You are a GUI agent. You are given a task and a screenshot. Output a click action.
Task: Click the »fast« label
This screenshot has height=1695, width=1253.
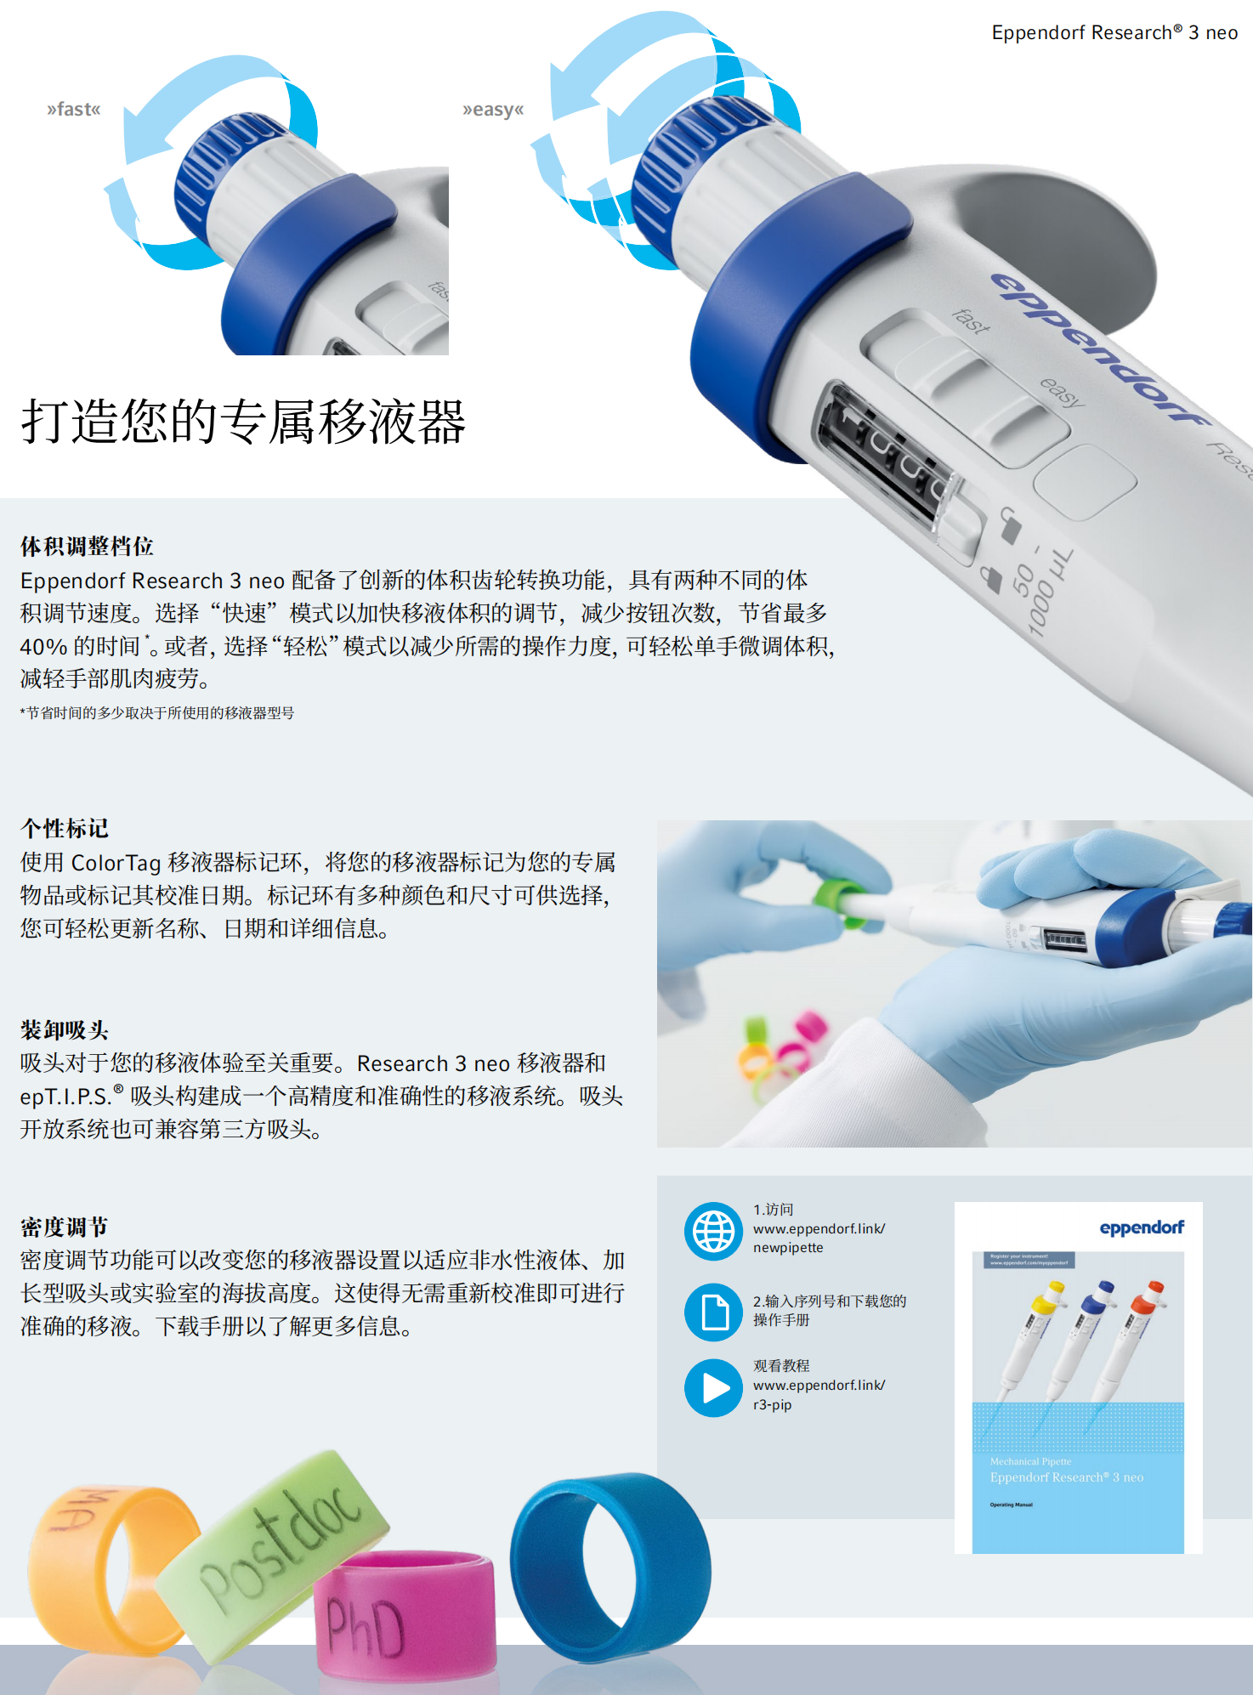tap(74, 110)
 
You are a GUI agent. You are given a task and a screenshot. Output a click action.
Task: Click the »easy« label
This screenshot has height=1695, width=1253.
tap(493, 110)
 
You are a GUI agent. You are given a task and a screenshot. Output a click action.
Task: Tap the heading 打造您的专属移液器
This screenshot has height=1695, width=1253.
tap(243, 422)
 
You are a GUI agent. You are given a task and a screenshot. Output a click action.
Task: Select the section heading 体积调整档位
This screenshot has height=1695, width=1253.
tap(87, 546)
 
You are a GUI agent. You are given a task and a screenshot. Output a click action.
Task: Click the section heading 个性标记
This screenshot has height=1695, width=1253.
tap(65, 828)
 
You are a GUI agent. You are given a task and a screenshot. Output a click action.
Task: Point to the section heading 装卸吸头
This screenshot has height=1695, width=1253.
tap(65, 1030)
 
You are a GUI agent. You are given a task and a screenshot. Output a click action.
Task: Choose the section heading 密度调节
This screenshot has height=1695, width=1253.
tap(65, 1227)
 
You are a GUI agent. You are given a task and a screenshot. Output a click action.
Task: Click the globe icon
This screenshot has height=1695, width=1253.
tap(714, 1231)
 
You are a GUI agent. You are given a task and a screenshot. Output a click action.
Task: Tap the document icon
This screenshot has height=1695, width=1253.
tap(714, 1312)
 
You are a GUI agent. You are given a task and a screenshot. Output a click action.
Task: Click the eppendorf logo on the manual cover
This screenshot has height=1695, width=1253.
tap(1141, 1227)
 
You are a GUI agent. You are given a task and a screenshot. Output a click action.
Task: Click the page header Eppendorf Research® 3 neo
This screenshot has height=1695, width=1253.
tap(1114, 32)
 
